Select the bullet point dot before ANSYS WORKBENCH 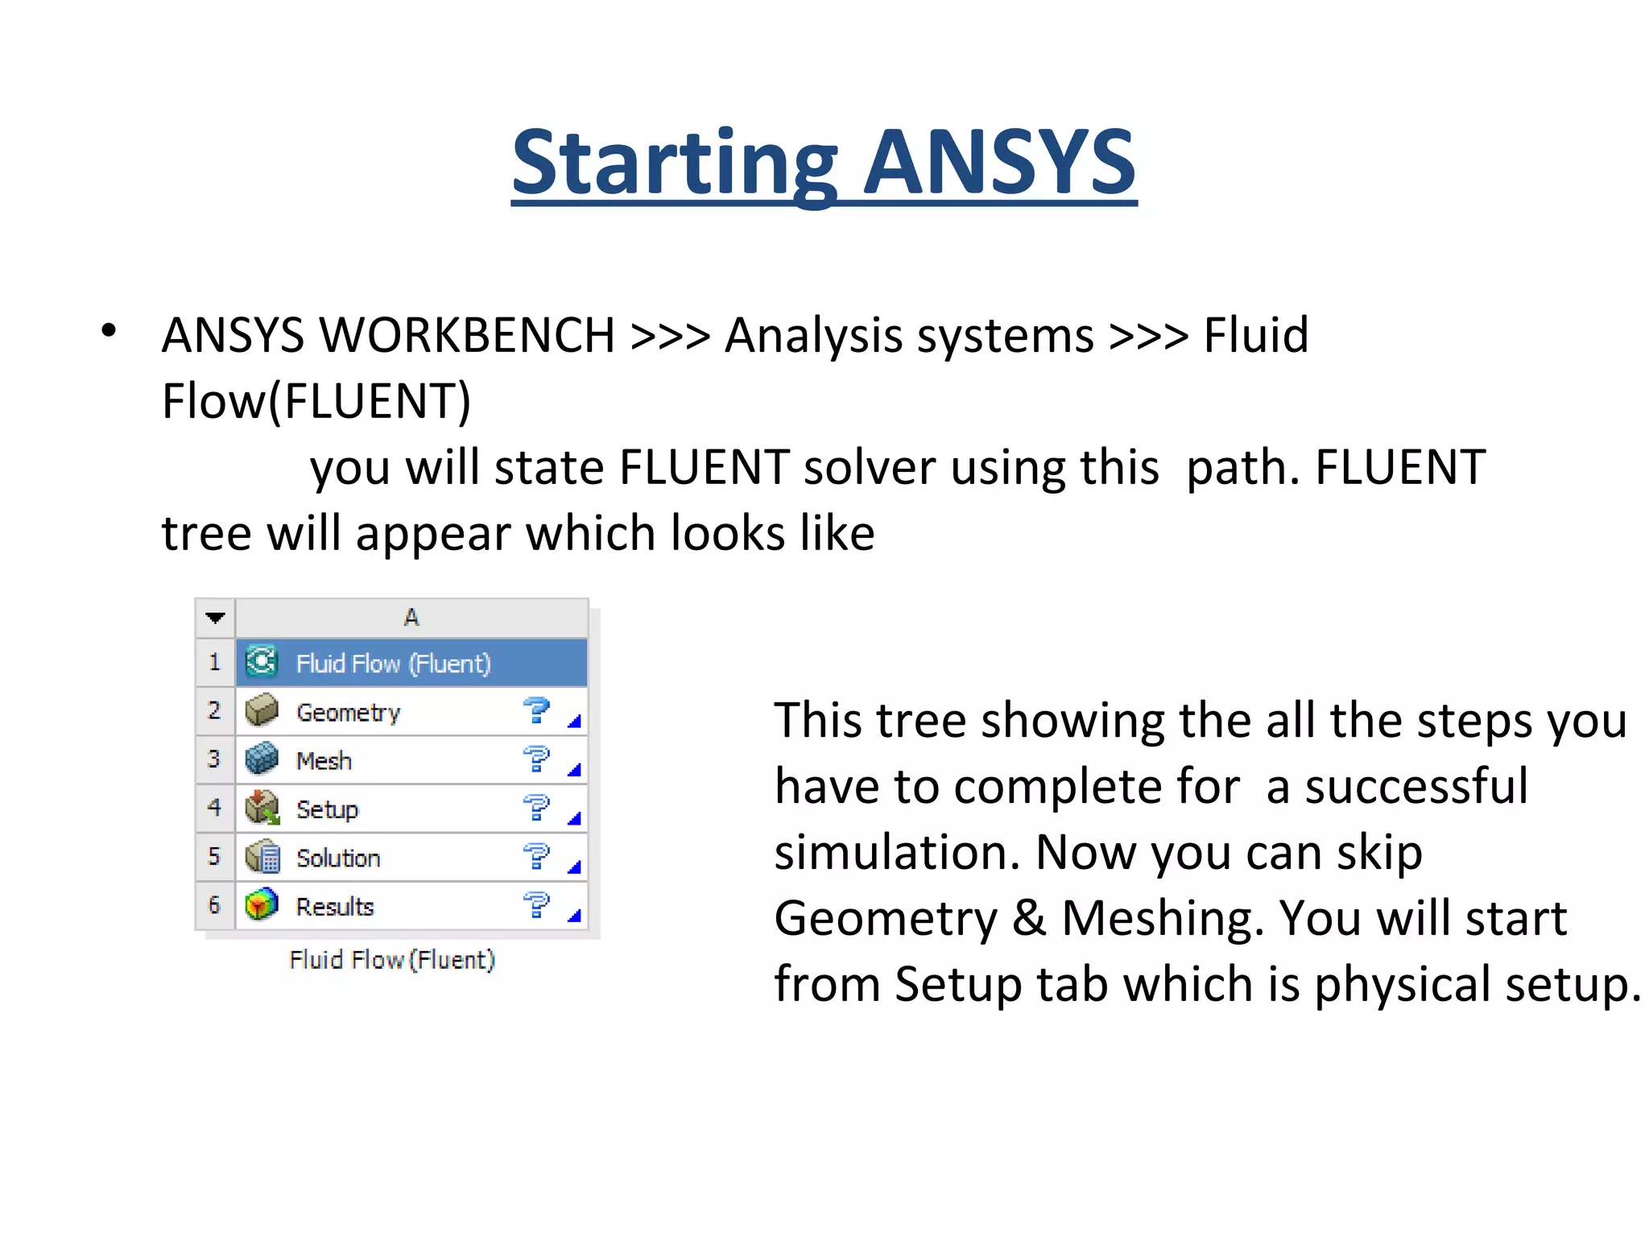(109, 330)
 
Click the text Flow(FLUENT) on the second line (316, 401)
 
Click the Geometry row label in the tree (348, 713)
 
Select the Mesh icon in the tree (262, 759)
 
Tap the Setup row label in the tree (327, 809)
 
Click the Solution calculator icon (262, 856)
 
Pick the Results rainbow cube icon (262, 904)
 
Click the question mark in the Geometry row (535, 710)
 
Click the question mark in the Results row (535, 904)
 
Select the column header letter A (411, 618)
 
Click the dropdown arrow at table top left (215, 618)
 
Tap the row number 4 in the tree (214, 807)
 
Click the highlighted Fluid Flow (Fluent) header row (411, 663)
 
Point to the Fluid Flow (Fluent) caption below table (392, 960)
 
